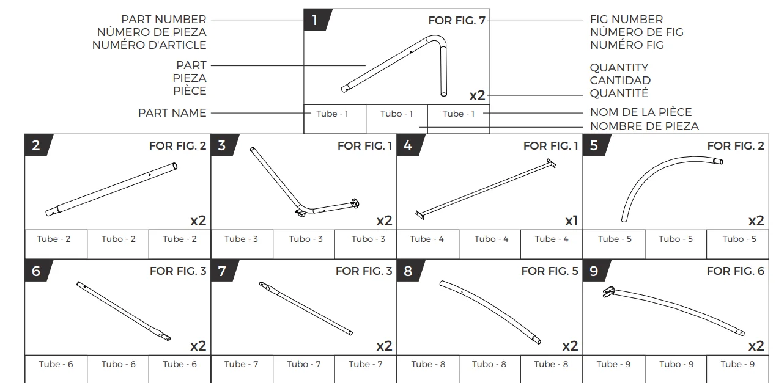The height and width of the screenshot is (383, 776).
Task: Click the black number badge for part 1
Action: (x=317, y=20)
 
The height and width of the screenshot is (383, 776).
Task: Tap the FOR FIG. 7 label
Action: (x=457, y=21)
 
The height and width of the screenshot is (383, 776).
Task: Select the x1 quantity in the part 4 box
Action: (x=571, y=221)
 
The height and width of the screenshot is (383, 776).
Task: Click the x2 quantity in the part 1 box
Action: (x=477, y=95)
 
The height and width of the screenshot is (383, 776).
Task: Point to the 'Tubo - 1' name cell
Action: (x=397, y=114)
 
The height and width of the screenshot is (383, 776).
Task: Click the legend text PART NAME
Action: (x=172, y=113)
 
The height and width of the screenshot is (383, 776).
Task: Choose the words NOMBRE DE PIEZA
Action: (x=645, y=126)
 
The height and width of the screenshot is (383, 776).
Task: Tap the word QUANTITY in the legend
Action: (x=619, y=67)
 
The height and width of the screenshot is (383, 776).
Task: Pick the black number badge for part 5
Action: (x=596, y=145)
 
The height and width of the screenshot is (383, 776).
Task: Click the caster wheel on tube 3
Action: (x=300, y=213)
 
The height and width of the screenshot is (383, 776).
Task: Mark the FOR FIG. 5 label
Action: (x=550, y=271)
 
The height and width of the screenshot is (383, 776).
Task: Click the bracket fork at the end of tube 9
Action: (x=608, y=292)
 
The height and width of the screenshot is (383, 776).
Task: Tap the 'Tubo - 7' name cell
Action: (x=304, y=364)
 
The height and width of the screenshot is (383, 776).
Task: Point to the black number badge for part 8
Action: (x=410, y=271)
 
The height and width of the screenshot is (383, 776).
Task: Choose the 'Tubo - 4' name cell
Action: (x=491, y=239)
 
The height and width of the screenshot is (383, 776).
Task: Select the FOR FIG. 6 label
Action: (x=736, y=271)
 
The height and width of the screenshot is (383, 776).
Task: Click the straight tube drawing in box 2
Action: (x=111, y=189)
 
